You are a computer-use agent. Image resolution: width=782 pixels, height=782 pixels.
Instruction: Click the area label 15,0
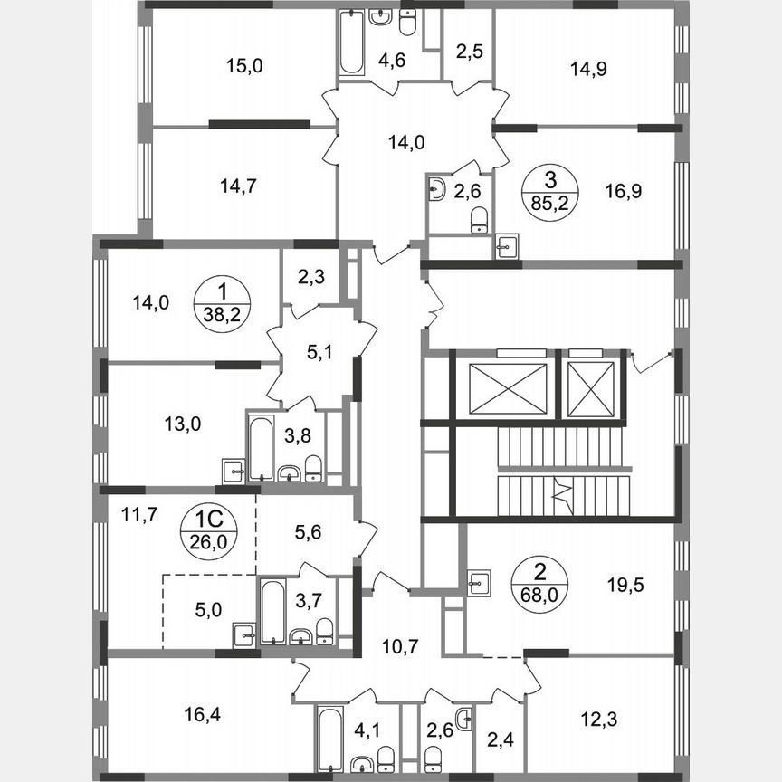click(240, 65)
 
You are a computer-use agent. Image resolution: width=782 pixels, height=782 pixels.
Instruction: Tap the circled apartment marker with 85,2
click(548, 190)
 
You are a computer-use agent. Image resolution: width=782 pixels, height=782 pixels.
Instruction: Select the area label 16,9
click(622, 191)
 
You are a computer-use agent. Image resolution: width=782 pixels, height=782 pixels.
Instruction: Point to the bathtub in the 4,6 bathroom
click(350, 43)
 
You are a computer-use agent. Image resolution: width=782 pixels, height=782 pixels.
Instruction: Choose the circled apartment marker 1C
click(210, 530)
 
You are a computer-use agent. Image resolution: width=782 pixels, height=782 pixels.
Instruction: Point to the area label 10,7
click(398, 647)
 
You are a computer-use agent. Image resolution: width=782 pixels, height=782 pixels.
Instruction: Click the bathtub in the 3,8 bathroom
click(261, 447)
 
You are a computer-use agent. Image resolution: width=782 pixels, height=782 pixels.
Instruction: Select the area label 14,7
click(239, 187)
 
